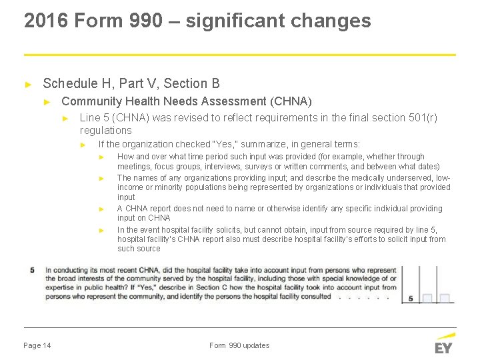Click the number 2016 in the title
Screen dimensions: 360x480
[47, 21]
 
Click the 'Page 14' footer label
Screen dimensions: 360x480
[37, 345]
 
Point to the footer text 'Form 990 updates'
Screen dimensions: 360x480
[239, 345]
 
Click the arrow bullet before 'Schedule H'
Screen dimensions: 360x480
[28, 84]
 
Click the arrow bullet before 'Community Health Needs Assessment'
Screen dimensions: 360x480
[47, 102]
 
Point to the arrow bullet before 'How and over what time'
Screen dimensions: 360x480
[102, 157]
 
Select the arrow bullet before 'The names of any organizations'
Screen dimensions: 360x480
[102, 179]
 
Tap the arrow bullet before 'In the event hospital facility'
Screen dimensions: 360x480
[102, 230]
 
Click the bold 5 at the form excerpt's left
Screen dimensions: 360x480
[33, 270]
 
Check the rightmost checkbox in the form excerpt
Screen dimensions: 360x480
[445, 298]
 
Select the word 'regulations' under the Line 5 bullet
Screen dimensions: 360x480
[105, 130]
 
